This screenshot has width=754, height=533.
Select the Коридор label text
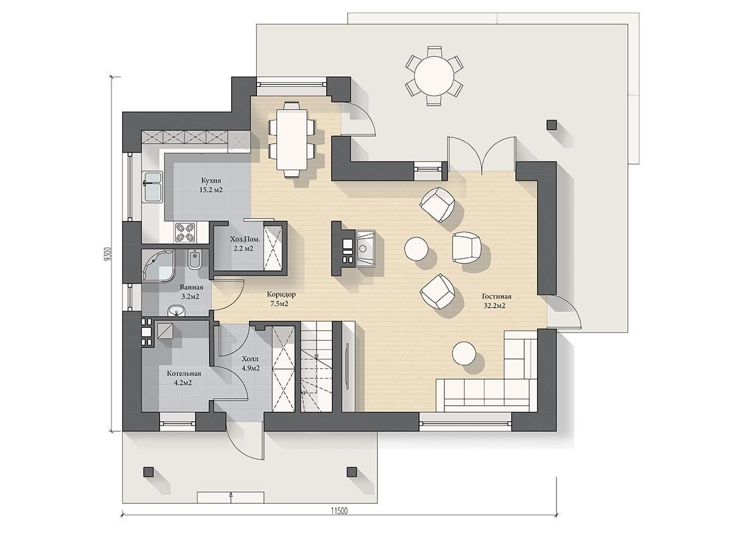(281, 294)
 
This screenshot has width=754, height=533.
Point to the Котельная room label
(184, 373)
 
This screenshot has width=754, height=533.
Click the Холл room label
(250, 359)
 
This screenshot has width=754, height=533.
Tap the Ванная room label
(191, 287)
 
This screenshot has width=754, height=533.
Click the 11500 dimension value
(339, 511)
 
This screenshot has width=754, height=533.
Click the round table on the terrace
(434, 75)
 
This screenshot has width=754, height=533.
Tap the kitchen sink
(153, 187)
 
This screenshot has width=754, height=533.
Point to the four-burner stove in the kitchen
(185, 232)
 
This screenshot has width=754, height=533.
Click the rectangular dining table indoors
(291, 139)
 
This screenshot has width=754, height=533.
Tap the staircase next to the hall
(317, 367)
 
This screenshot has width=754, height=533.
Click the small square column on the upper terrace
(551, 125)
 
